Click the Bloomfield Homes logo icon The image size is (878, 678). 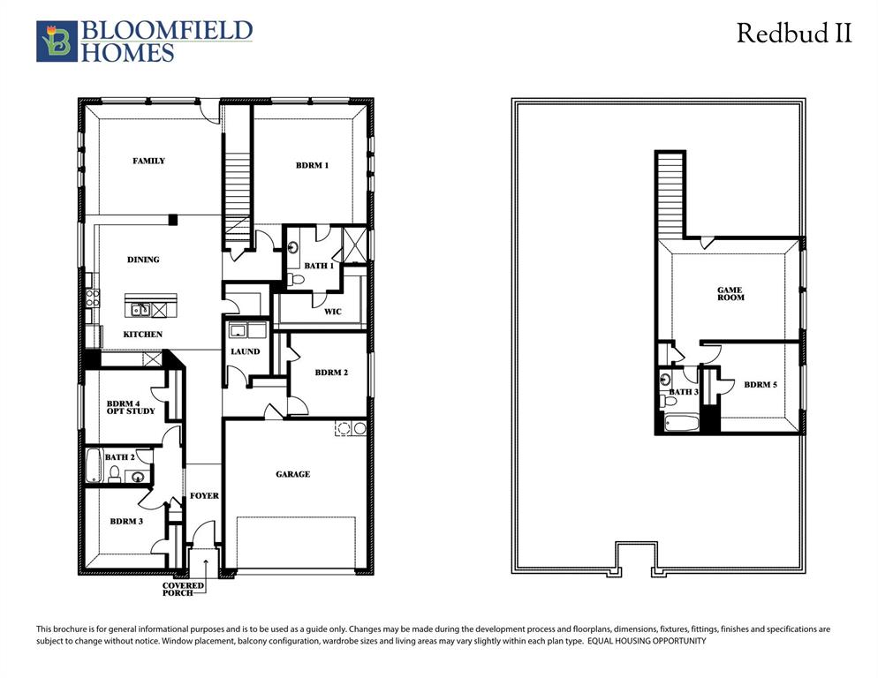(57, 41)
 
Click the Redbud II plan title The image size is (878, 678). (794, 34)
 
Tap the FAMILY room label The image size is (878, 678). (148, 161)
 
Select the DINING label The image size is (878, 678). (143, 260)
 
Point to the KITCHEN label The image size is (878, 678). (142, 335)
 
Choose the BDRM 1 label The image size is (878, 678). (312, 165)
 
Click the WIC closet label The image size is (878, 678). (332, 312)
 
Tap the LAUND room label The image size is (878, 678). (245, 351)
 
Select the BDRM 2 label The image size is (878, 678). (331, 373)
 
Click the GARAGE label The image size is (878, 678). (292, 474)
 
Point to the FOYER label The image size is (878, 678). (204, 496)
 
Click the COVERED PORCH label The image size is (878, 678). (184, 589)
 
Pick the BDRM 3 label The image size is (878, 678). (126, 522)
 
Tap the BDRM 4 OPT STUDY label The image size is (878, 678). (131, 407)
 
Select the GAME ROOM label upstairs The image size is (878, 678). (730, 294)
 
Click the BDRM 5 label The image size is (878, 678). (761, 385)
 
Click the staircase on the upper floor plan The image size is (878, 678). (670, 194)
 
